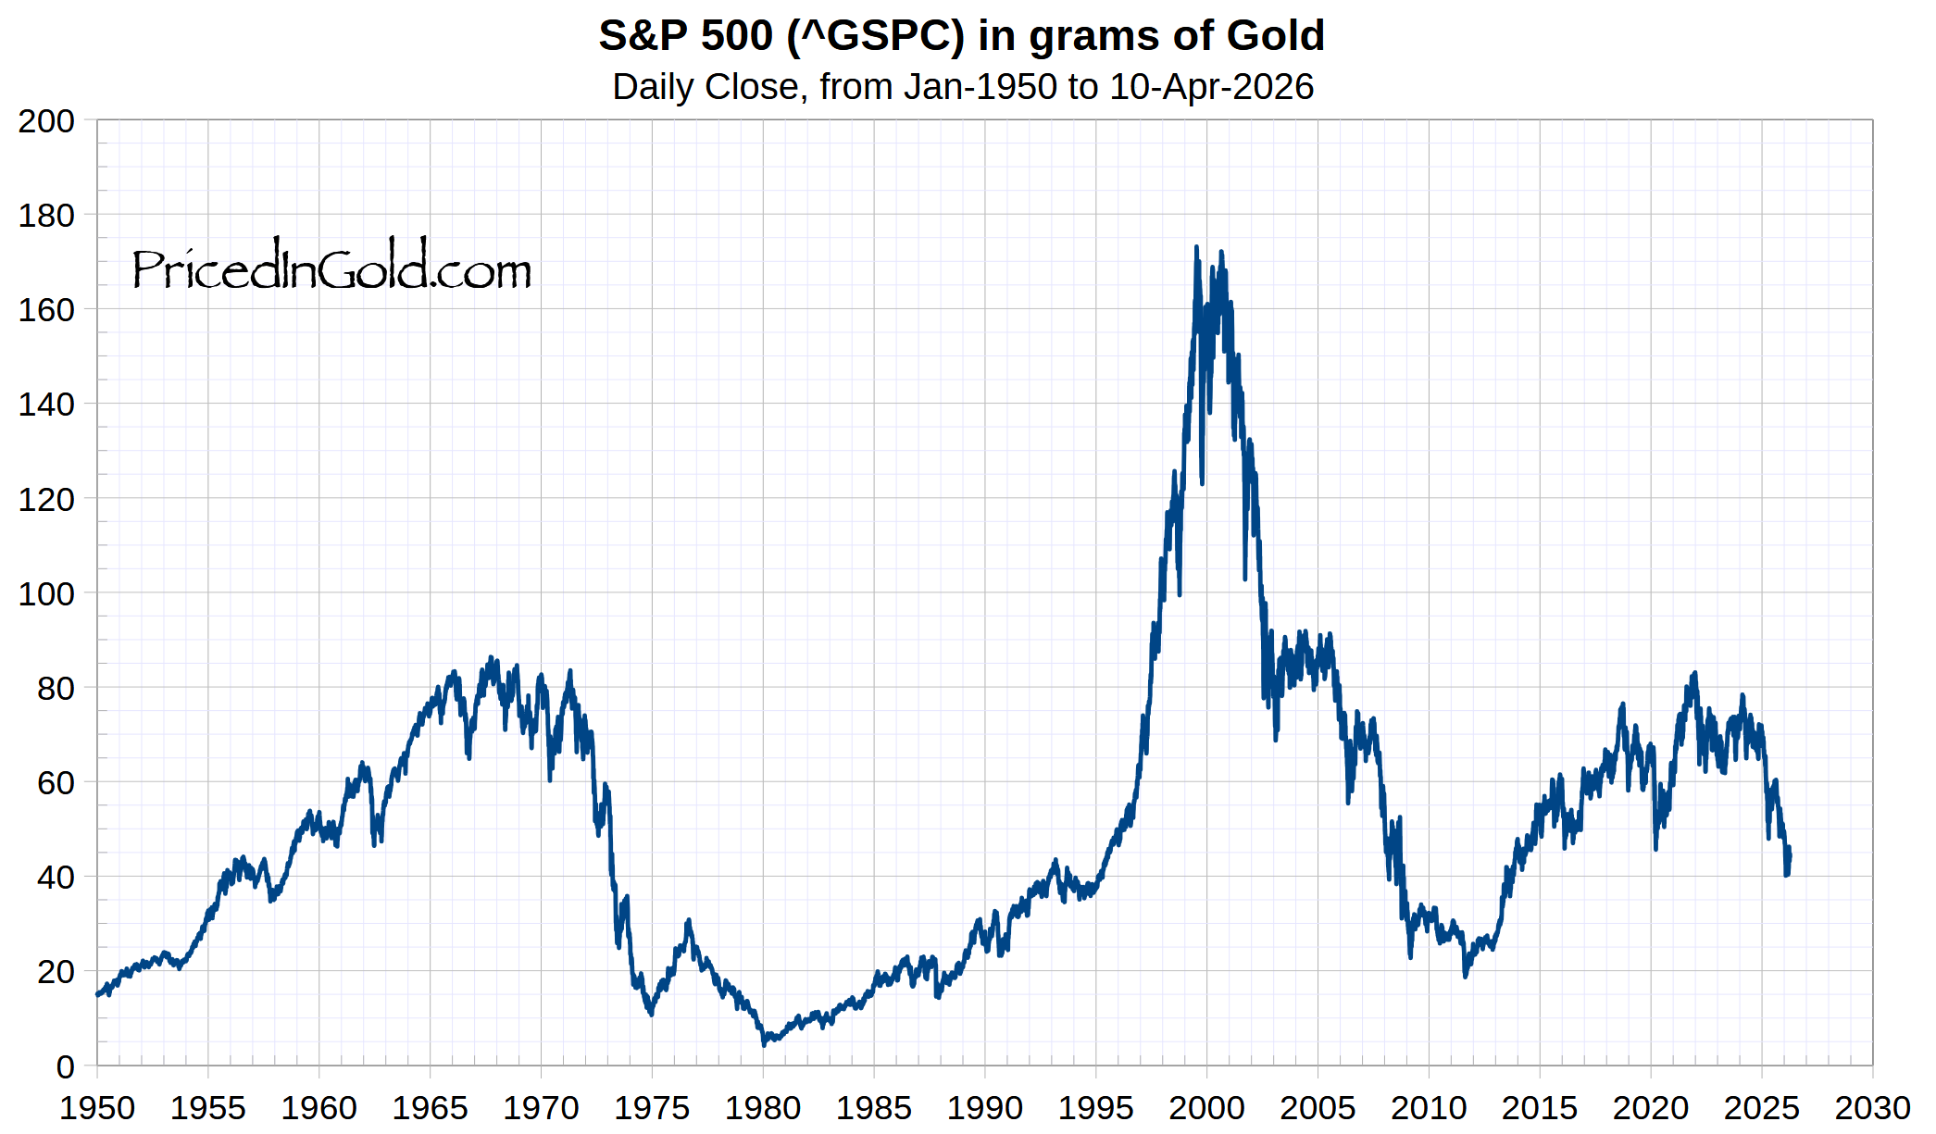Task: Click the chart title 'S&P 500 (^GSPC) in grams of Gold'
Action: (x=961, y=36)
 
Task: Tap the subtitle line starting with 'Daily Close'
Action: (x=963, y=87)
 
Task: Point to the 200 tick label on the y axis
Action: (x=46, y=121)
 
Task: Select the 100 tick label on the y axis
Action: (x=46, y=593)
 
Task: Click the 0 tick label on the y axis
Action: (x=65, y=1066)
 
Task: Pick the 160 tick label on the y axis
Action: (x=46, y=310)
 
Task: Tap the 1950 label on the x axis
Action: (x=97, y=1108)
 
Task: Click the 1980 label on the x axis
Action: (x=763, y=1108)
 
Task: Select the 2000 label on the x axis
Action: (x=1206, y=1108)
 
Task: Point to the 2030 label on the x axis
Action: (x=1872, y=1108)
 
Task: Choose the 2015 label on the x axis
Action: (x=1540, y=1108)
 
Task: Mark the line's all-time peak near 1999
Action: (x=1196, y=247)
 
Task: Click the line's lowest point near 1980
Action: (x=764, y=1044)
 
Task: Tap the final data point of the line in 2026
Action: (x=1789, y=856)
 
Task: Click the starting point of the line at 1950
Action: (x=97, y=994)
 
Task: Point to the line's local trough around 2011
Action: (x=1465, y=976)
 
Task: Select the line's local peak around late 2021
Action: (x=1694, y=674)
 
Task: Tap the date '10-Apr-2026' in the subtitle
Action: (x=1211, y=87)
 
